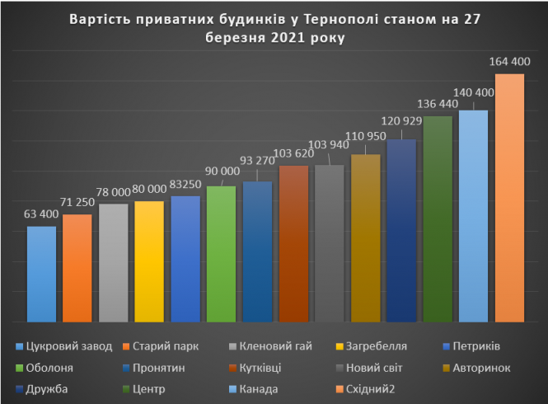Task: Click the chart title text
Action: coord(274,28)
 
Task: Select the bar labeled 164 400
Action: coord(509,198)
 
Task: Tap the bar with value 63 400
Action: coord(41,274)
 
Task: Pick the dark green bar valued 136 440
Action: coord(438,218)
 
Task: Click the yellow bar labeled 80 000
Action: coord(149,261)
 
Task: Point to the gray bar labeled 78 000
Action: coord(113,262)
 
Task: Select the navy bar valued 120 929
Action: coord(401,230)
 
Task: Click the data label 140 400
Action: coord(473,93)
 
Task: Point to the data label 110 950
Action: coord(365,135)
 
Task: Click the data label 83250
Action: coord(185,182)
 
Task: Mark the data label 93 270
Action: coord(258,162)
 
